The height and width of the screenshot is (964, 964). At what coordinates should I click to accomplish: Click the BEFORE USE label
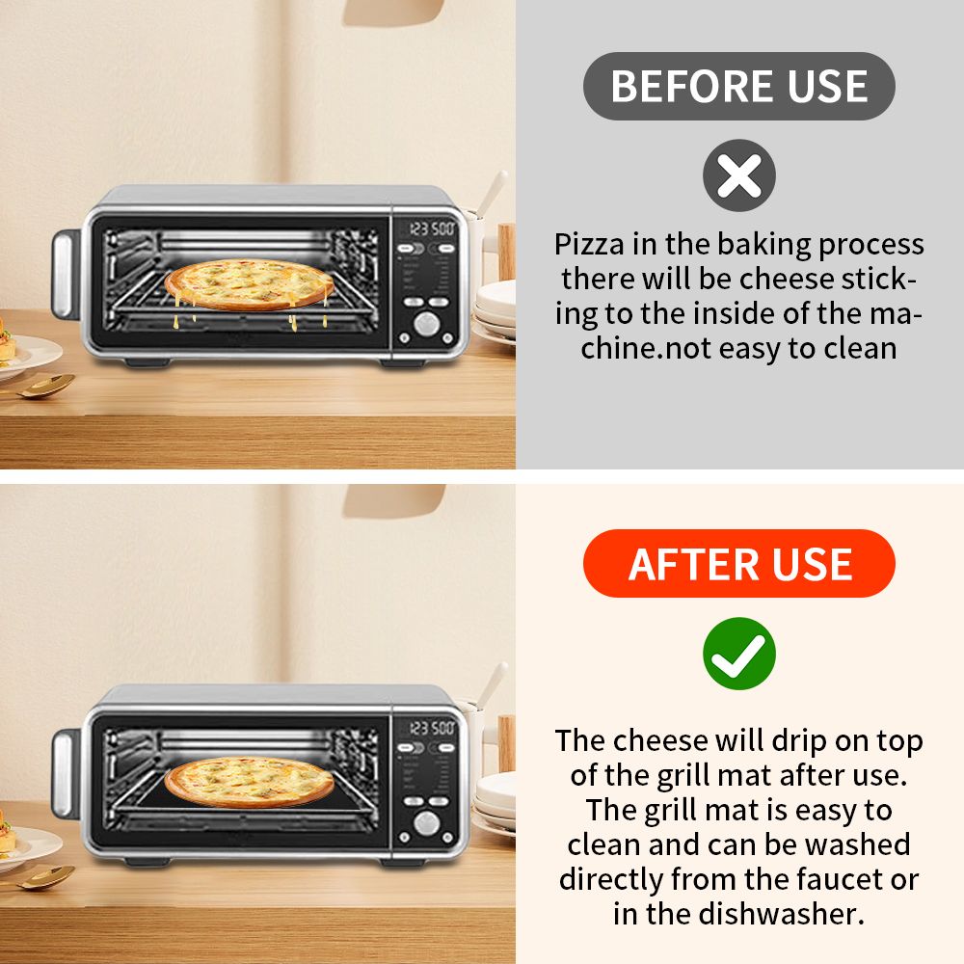739,86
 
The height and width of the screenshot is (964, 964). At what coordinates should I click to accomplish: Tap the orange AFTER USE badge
739,563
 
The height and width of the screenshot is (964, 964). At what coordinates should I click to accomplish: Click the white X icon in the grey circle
739,175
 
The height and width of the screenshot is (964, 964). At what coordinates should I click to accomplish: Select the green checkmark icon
739,654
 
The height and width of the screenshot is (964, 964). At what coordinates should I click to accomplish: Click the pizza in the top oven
249,284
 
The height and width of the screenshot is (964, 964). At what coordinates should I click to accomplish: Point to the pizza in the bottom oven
249,782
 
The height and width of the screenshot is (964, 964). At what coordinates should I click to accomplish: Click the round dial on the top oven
426,323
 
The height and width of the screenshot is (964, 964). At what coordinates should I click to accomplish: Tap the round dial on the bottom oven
426,822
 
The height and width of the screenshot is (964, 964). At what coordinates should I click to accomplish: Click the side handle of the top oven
65,275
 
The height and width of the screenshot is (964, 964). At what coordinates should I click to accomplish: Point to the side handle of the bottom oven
65,774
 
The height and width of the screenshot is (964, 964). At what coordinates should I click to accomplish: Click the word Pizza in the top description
589,245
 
